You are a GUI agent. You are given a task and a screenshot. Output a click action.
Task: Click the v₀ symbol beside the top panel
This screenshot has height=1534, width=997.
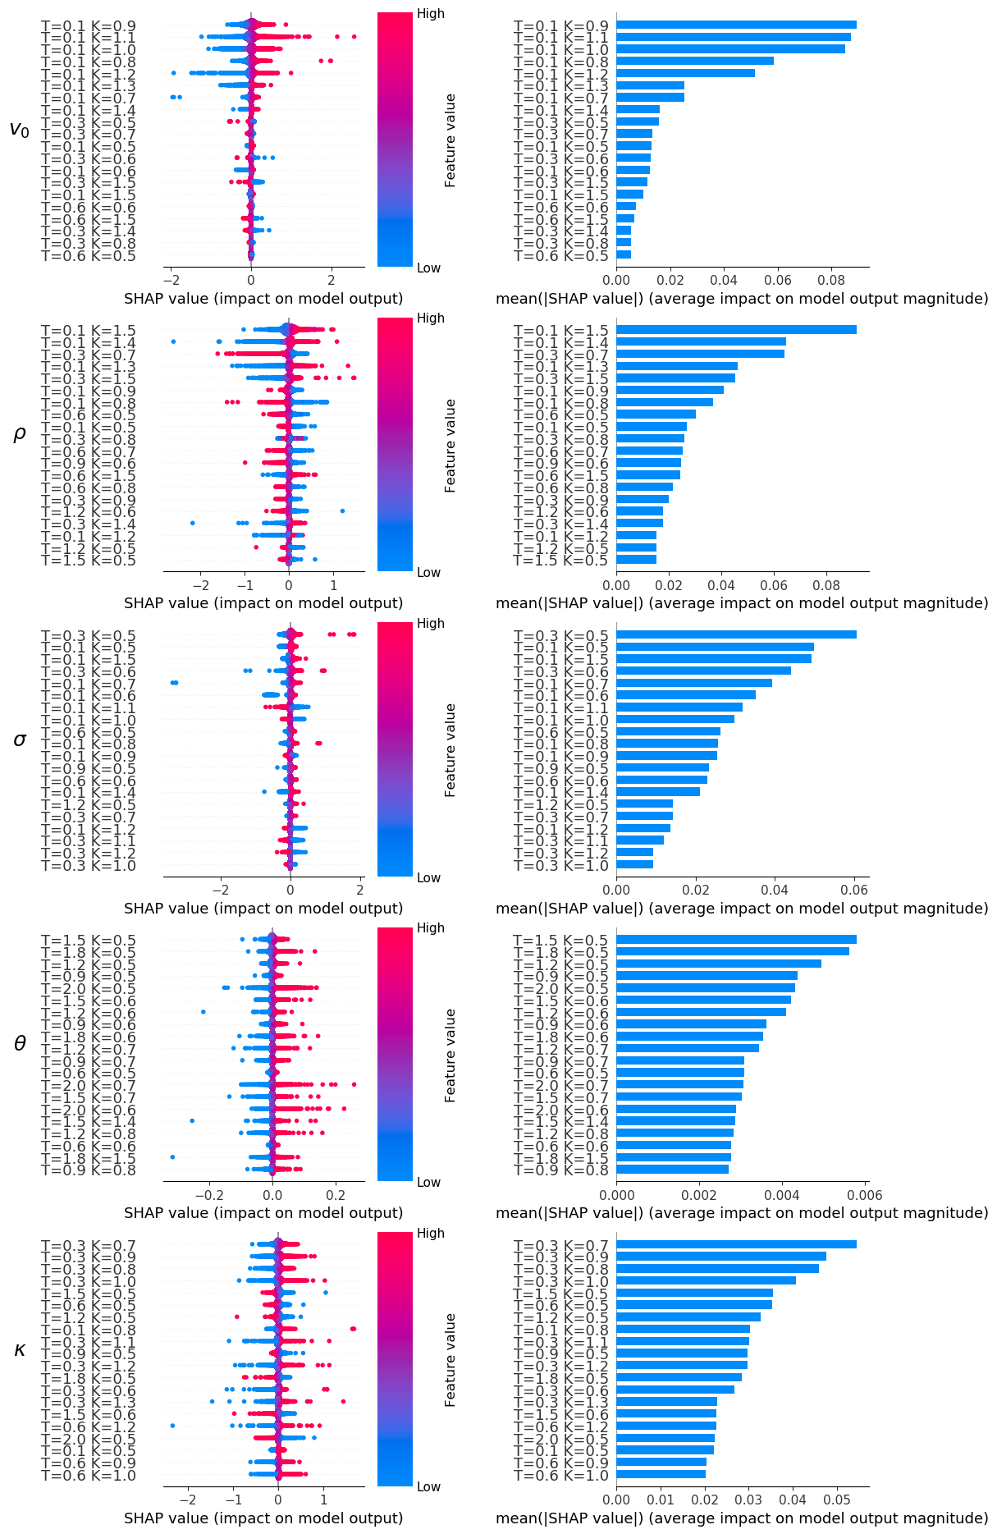(x=19, y=129)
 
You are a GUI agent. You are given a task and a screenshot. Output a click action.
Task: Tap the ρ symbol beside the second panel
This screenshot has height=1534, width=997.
(x=20, y=434)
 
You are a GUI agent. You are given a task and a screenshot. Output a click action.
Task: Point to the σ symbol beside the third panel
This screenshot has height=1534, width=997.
(x=20, y=740)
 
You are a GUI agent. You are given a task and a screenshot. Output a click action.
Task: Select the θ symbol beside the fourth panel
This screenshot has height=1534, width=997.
(x=20, y=1044)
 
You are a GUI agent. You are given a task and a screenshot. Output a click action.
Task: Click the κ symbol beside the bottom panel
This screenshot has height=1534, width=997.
(x=20, y=1349)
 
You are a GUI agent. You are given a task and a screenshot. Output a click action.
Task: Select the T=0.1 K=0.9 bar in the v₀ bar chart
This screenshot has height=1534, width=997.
(x=736, y=25)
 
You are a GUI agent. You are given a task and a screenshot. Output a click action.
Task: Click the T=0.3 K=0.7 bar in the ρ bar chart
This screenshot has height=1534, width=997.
(x=700, y=354)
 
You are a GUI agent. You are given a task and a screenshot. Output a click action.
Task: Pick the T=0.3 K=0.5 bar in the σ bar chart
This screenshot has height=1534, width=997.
(x=736, y=634)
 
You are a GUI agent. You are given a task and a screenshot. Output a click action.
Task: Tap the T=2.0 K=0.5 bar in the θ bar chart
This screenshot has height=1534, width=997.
(x=706, y=987)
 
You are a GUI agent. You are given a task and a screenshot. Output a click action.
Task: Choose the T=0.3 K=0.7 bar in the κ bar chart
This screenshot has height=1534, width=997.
(x=736, y=1244)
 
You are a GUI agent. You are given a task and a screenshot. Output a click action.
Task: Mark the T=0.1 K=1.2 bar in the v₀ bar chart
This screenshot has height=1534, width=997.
(x=685, y=73)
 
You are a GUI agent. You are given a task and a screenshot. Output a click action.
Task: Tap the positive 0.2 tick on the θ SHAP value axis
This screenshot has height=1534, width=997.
(x=336, y=1195)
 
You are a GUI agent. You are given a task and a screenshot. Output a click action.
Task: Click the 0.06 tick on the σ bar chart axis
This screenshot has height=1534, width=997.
(x=854, y=890)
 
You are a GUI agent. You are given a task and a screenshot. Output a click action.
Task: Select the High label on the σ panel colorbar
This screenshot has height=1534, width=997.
(x=431, y=624)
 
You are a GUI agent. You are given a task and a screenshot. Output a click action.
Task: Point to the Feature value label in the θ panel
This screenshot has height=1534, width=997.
(x=450, y=1055)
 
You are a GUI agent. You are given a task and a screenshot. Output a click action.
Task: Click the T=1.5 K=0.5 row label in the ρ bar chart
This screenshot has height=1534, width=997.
(x=561, y=561)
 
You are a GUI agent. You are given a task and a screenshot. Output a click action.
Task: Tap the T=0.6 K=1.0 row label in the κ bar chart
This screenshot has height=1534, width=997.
(x=561, y=1476)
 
